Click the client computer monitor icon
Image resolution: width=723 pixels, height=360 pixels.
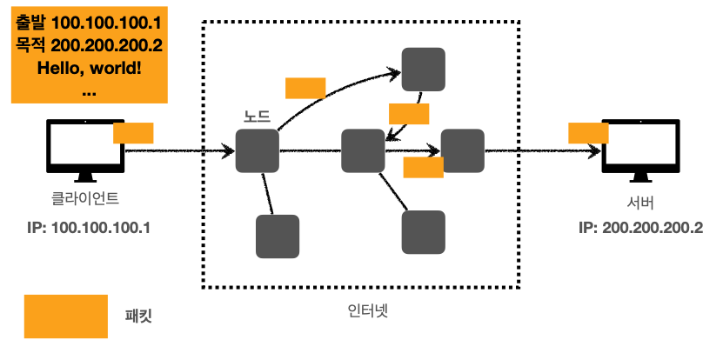point(84,150)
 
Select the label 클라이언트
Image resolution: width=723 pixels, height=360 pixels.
point(85,199)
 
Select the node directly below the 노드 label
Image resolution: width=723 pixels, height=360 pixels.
point(257,150)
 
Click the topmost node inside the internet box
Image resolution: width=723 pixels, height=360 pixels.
point(424,69)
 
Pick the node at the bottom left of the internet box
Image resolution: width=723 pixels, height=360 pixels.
point(278,237)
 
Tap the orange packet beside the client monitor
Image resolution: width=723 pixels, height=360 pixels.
point(133,133)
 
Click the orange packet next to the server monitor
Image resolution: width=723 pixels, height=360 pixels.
point(588,133)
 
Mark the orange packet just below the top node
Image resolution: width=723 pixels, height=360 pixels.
point(409,114)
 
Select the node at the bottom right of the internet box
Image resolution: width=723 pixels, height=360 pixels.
point(424,231)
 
